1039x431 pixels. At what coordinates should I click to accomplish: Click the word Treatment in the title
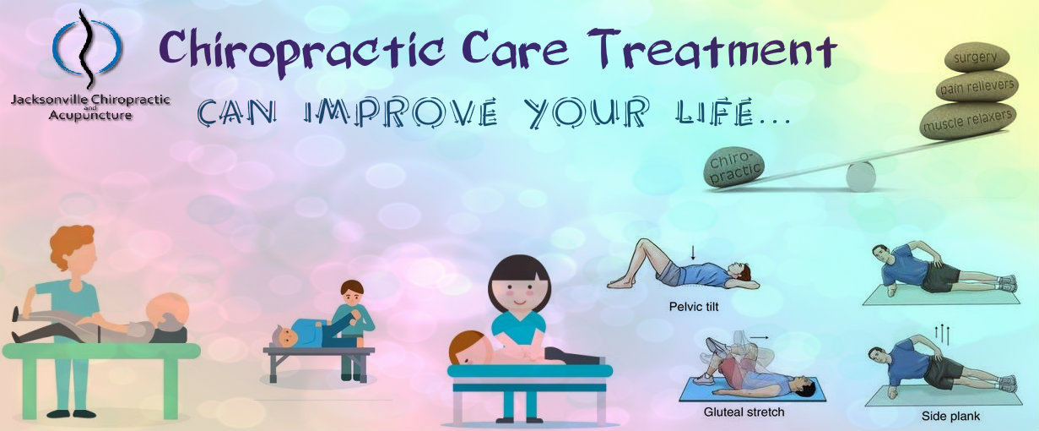pos(713,49)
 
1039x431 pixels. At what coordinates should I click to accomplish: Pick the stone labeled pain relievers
pos(977,87)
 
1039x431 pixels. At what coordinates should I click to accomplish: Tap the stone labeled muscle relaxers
pos(968,121)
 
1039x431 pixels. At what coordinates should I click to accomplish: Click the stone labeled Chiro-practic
pos(733,168)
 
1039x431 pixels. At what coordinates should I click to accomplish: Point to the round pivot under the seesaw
pos(861,177)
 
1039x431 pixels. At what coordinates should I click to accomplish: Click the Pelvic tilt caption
pos(694,307)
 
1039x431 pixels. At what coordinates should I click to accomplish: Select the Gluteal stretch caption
pos(744,412)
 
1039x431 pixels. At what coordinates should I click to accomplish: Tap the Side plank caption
pos(950,416)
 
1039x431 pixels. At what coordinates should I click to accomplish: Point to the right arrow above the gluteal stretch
pos(759,337)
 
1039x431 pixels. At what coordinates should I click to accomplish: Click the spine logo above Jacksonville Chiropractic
pos(86,49)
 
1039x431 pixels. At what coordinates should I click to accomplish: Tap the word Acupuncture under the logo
pos(90,115)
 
